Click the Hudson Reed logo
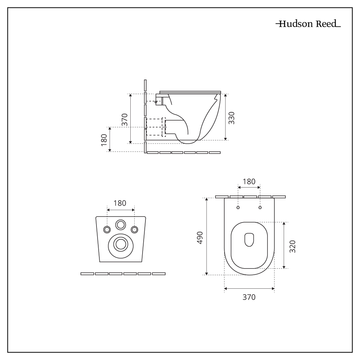coord(308,24)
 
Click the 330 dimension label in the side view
coord(232,118)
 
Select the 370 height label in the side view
coord(125,119)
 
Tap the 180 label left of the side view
coord(104,140)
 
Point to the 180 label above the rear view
coord(120,203)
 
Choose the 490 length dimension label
coord(200,238)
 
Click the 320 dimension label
coord(292,246)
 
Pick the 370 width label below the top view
coord(249,297)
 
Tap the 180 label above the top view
coord(249,181)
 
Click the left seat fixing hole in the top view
coord(238,208)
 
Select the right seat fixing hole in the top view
coord(260,208)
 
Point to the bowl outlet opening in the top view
coord(249,240)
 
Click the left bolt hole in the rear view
coord(107,230)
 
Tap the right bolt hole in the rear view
coord(134,230)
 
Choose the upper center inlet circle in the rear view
coord(121,225)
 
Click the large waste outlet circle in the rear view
coord(121,244)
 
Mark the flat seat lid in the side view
coord(190,91)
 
